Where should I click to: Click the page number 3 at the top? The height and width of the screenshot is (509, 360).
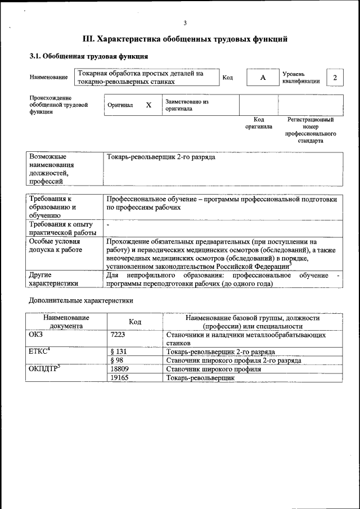pos(184,22)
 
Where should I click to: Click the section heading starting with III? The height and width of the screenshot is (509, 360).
pos(185,39)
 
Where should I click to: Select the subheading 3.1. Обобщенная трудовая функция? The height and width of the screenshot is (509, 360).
pos(89,57)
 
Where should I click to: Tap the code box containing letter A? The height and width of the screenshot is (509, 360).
pos(262,78)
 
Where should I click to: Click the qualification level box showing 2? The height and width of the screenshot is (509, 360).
pos(335,78)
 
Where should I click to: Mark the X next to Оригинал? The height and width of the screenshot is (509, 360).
pos(148,105)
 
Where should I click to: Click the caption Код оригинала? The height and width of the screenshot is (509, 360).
pos(259,123)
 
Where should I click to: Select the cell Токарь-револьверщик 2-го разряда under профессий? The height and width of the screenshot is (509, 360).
pos(161,157)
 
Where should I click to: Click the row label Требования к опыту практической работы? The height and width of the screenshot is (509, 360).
pos(61,229)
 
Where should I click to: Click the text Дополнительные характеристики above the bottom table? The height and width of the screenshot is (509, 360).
pos(82,301)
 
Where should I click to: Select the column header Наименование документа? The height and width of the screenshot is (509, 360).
pos(66,321)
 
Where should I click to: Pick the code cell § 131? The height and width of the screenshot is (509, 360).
pos(119,352)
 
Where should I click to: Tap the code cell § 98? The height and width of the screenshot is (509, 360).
pos(118,361)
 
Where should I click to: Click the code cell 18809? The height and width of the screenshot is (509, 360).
pos(121,370)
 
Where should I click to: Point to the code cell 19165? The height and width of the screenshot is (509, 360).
pos(121,379)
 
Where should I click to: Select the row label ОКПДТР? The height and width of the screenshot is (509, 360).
pos(43,370)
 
